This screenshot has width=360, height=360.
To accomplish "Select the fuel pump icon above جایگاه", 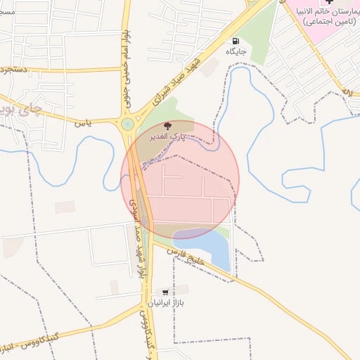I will point(234,40).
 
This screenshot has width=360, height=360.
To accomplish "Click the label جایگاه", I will point(234,51).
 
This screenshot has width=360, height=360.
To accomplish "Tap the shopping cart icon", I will point(165,292).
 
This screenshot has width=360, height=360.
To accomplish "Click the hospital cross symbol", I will point(330,3).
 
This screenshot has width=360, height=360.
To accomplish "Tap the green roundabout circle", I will point(127,124).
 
